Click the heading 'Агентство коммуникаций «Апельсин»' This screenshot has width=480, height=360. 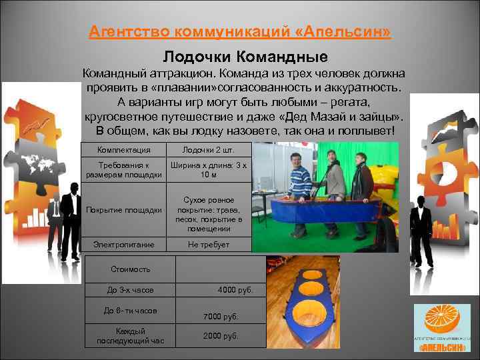click(x=240, y=32)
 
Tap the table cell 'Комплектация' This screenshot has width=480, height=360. click(x=124, y=150)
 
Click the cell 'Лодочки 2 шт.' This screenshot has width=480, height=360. click(x=208, y=150)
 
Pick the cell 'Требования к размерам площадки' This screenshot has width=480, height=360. click(x=124, y=170)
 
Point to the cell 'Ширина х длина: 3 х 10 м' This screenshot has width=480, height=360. click(x=208, y=170)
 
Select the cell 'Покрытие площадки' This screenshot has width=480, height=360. click(x=124, y=210)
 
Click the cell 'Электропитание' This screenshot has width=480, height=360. click(x=124, y=245)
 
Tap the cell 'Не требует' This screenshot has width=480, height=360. click(x=208, y=245)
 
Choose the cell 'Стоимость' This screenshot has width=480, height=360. click(x=130, y=269)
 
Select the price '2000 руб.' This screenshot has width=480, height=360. click(x=221, y=336)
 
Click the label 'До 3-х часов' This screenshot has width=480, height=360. click(x=130, y=291)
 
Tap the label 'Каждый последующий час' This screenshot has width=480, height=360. click(x=130, y=336)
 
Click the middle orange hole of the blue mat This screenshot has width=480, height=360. click(x=310, y=289)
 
